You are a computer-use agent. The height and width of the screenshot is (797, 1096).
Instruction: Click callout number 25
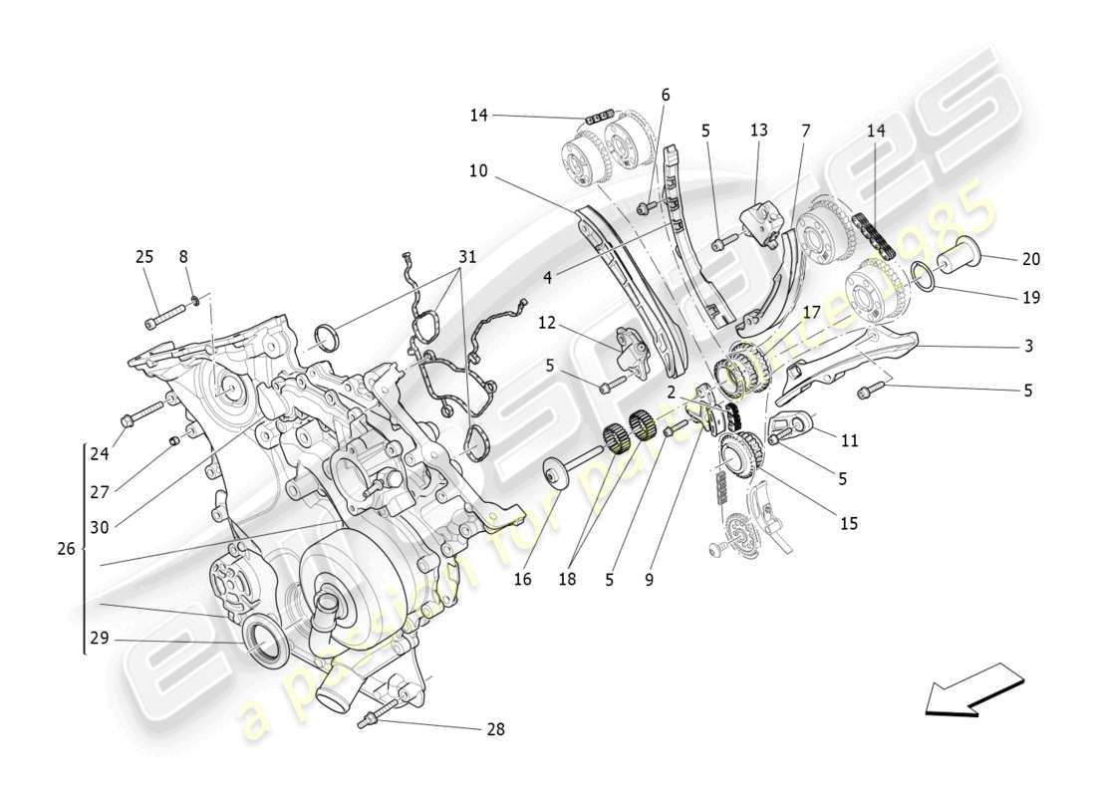click(144, 257)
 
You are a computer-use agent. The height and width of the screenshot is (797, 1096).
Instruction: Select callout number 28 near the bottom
click(495, 729)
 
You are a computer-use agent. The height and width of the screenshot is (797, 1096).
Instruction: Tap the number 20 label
click(1030, 259)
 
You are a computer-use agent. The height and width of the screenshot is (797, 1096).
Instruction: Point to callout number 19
click(1030, 297)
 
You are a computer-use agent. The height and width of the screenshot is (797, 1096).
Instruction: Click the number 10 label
click(478, 171)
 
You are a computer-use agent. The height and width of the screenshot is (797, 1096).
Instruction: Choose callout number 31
click(466, 257)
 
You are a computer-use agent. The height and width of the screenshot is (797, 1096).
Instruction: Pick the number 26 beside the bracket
click(66, 549)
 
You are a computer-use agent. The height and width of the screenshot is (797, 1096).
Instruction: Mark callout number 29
click(97, 640)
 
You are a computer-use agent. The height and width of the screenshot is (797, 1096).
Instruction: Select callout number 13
click(759, 130)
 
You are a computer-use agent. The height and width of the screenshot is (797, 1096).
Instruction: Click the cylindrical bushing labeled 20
click(960, 256)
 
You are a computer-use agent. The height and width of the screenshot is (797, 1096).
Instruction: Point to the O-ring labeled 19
click(923, 275)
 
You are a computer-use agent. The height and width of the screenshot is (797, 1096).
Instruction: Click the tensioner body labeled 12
click(629, 352)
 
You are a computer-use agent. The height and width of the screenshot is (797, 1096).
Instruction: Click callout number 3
click(1028, 347)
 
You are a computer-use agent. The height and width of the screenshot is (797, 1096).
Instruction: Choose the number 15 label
click(848, 523)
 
